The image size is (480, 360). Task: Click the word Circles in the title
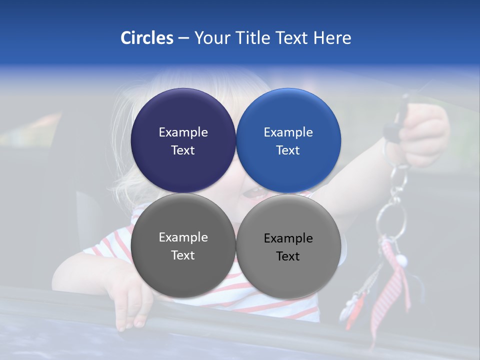pos(146,38)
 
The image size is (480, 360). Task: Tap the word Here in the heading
pos(332,38)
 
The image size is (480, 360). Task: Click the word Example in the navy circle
pos(183,132)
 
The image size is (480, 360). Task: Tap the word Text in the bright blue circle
pos(288,150)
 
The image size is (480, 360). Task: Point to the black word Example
pos(288,238)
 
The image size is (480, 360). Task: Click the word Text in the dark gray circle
pos(183,255)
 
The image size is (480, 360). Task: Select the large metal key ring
pos(391,220)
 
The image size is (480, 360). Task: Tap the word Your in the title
pos(211,38)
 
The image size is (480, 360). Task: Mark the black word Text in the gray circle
pos(288,256)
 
